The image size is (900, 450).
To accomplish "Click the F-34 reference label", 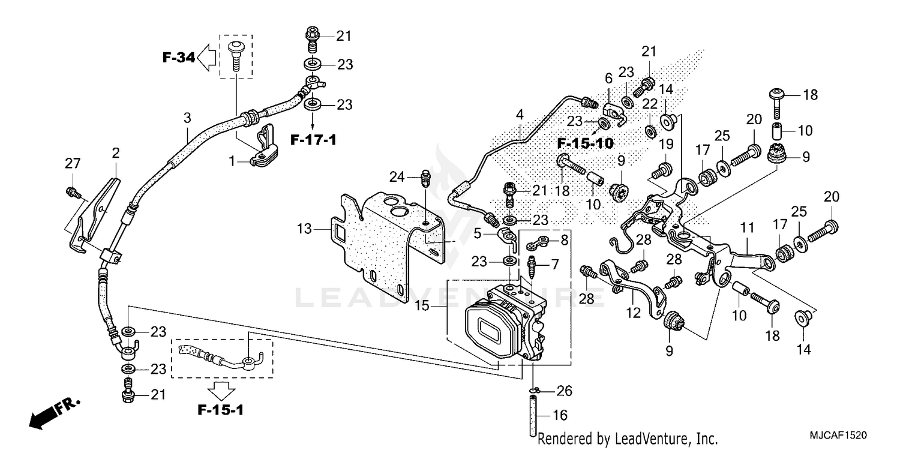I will (x=178, y=58).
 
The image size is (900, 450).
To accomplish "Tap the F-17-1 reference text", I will (x=313, y=140).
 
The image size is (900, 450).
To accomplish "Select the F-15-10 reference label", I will (x=585, y=144).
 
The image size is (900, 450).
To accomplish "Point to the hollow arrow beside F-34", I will (x=208, y=58).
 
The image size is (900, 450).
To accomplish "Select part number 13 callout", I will (x=305, y=229).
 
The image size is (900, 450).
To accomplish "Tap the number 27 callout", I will (x=73, y=163).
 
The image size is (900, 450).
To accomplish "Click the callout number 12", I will (x=633, y=313).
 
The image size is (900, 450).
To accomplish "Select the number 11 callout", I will (x=746, y=229).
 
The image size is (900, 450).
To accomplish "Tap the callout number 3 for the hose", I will (x=187, y=117).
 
